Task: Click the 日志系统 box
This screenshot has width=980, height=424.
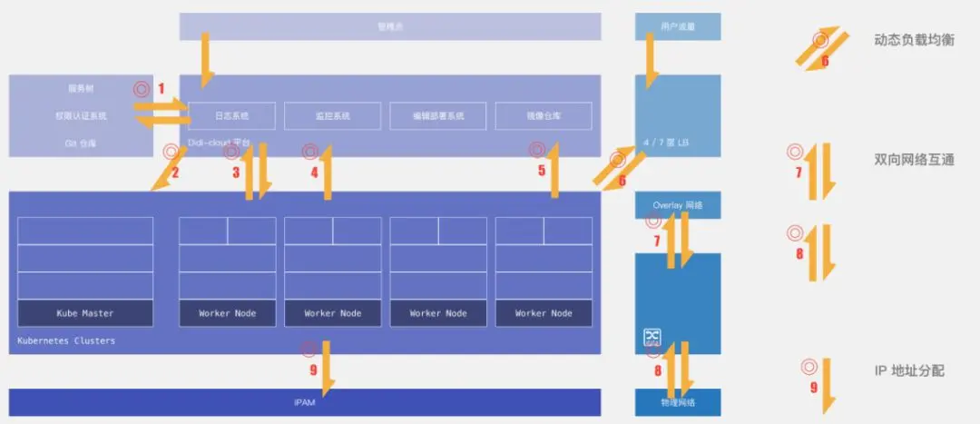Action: (231, 116)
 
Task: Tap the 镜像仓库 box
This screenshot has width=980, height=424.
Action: (544, 116)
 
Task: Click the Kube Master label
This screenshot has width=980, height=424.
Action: (85, 313)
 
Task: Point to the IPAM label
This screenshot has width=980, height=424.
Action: (305, 402)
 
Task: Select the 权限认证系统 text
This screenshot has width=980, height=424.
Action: (81, 116)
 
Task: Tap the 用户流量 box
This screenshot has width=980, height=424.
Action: (678, 27)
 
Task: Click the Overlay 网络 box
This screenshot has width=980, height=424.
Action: (678, 206)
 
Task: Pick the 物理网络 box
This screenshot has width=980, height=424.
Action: (678, 402)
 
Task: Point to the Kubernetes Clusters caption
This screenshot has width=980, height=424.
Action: (67, 341)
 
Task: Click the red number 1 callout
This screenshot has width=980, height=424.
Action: (162, 89)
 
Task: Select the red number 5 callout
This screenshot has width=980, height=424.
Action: (542, 170)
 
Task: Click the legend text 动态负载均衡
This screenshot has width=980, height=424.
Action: (914, 40)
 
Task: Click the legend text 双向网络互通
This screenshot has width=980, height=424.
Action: (914, 160)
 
